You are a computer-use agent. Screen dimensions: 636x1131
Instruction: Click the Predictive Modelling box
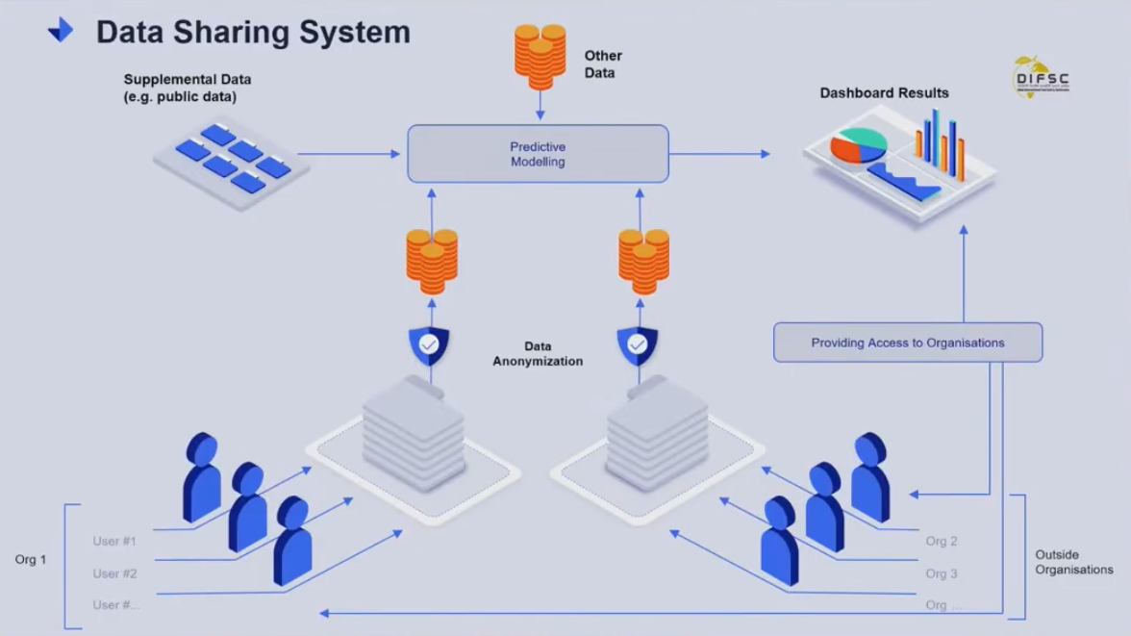(538, 154)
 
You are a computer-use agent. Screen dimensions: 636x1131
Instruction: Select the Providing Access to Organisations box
(907, 343)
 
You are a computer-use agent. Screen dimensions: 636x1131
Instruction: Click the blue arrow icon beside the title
(61, 31)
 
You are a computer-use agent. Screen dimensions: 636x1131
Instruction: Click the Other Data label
(603, 64)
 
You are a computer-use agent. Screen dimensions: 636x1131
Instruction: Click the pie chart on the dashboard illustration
(858, 145)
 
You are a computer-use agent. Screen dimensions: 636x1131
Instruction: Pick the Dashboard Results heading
(884, 93)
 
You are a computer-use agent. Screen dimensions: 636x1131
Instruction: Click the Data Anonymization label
(538, 354)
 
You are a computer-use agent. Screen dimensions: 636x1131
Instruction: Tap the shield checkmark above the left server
(429, 345)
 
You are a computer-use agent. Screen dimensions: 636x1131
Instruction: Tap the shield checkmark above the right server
(637, 345)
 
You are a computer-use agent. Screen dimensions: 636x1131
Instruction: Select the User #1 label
(114, 542)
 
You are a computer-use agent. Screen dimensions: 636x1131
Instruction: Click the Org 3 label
(941, 573)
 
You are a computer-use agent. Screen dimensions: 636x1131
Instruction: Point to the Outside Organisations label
(1073, 562)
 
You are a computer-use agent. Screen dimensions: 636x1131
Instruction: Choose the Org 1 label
(31, 559)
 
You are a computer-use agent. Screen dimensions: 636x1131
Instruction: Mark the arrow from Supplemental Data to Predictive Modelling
(348, 154)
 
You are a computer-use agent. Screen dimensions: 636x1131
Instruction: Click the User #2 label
(114, 573)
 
